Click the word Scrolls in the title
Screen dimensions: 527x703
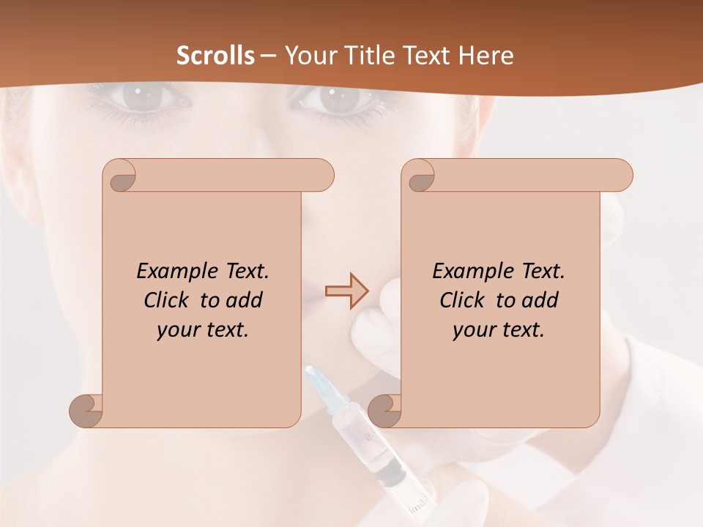click(x=216, y=56)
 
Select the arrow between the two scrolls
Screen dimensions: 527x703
click(x=345, y=291)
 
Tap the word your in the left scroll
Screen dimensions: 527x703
click(x=176, y=330)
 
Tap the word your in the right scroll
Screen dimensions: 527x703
click(x=472, y=330)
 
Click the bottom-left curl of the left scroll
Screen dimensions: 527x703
click(x=86, y=410)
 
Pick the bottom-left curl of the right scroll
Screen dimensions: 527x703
click(x=385, y=410)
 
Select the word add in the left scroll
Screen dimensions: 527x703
click(x=245, y=300)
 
